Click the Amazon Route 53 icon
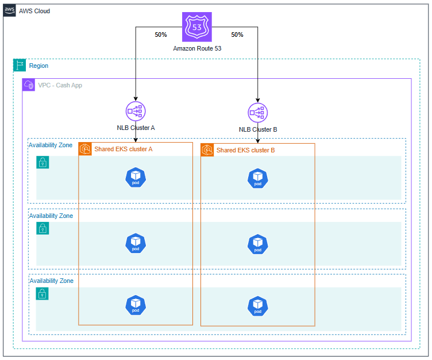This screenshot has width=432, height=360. [x=197, y=27]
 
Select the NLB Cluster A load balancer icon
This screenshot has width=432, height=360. [x=135, y=111]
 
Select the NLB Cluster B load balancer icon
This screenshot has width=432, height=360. [x=257, y=112]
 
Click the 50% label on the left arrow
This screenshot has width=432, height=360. [x=161, y=35]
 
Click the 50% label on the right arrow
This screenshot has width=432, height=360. [x=237, y=35]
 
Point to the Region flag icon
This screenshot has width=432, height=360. [x=20, y=66]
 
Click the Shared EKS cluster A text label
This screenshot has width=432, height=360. [x=123, y=149]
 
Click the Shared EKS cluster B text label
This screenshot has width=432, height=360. [x=245, y=150]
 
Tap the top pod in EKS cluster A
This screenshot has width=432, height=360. [x=135, y=178]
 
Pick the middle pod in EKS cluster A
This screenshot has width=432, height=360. [x=135, y=243]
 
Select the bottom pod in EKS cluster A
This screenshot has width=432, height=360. [x=135, y=305]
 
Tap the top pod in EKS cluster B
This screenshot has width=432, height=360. [x=257, y=178]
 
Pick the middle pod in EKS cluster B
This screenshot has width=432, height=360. [x=257, y=244]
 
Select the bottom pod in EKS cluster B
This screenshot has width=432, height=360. [x=257, y=305]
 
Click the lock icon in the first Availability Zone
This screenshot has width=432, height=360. [x=43, y=163]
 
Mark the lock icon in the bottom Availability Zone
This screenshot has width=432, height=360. [x=43, y=294]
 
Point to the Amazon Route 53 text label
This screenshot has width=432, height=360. [x=197, y=49]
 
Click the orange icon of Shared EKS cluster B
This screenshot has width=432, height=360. [x=207, y=150]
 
